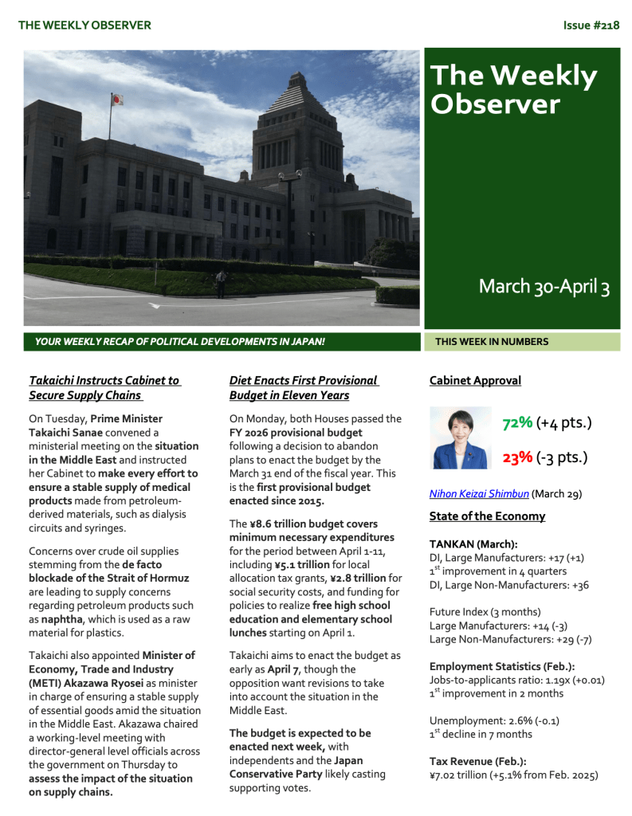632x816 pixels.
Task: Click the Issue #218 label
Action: point(591,25)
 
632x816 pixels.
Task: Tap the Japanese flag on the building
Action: point(116,100)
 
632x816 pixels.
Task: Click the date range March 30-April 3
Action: point(544,287)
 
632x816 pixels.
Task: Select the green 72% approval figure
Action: point(517,423)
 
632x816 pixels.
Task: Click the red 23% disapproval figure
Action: point(517,457)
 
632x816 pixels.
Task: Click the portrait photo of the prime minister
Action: point(461,437)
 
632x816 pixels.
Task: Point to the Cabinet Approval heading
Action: point(475,381)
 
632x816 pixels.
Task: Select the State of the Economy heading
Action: point(487,516)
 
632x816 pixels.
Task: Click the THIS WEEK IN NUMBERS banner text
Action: point(492,342)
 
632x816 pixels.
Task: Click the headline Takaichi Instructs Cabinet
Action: point(104,388)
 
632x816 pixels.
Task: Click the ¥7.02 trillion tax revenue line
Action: point(512,775)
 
